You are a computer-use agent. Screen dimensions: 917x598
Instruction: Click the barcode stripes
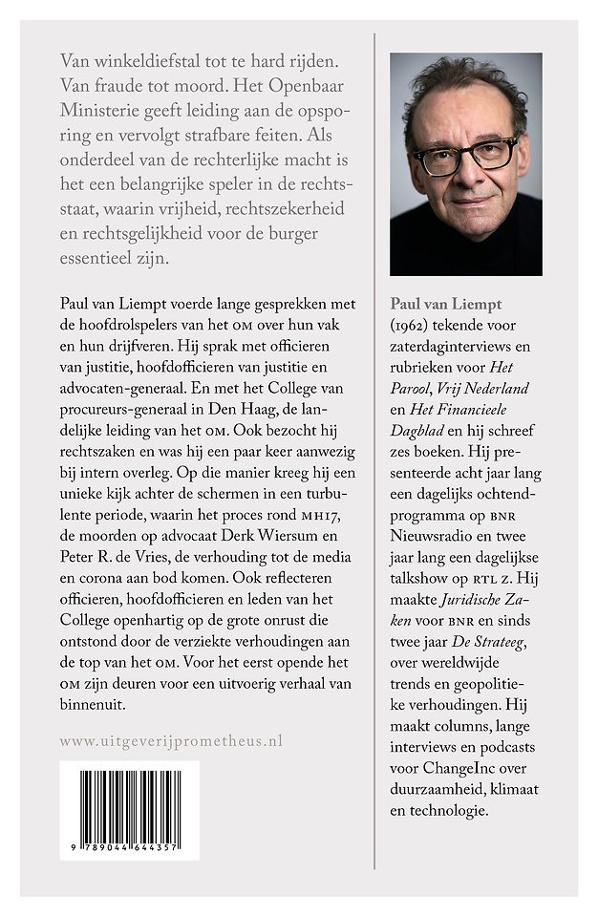(x=128, y=801)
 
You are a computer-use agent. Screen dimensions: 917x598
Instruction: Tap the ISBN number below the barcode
(x=128, y=847)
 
